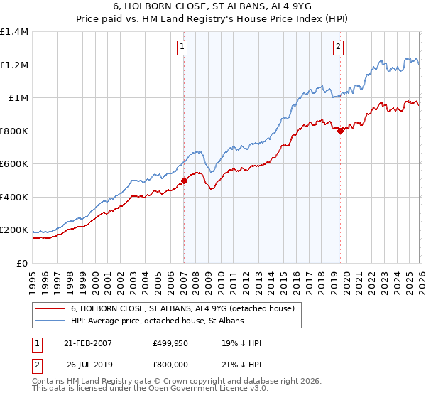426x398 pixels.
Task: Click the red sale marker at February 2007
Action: click(x=184, y=181)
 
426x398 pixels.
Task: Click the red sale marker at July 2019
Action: click(x=340, y=131)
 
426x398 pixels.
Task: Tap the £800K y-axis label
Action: click(x=14, y=131)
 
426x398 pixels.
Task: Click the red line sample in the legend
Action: click(x=50, y=308)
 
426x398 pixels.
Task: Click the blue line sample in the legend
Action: click(x=50, y=321)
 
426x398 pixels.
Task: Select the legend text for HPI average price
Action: click(x=157, y=321)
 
